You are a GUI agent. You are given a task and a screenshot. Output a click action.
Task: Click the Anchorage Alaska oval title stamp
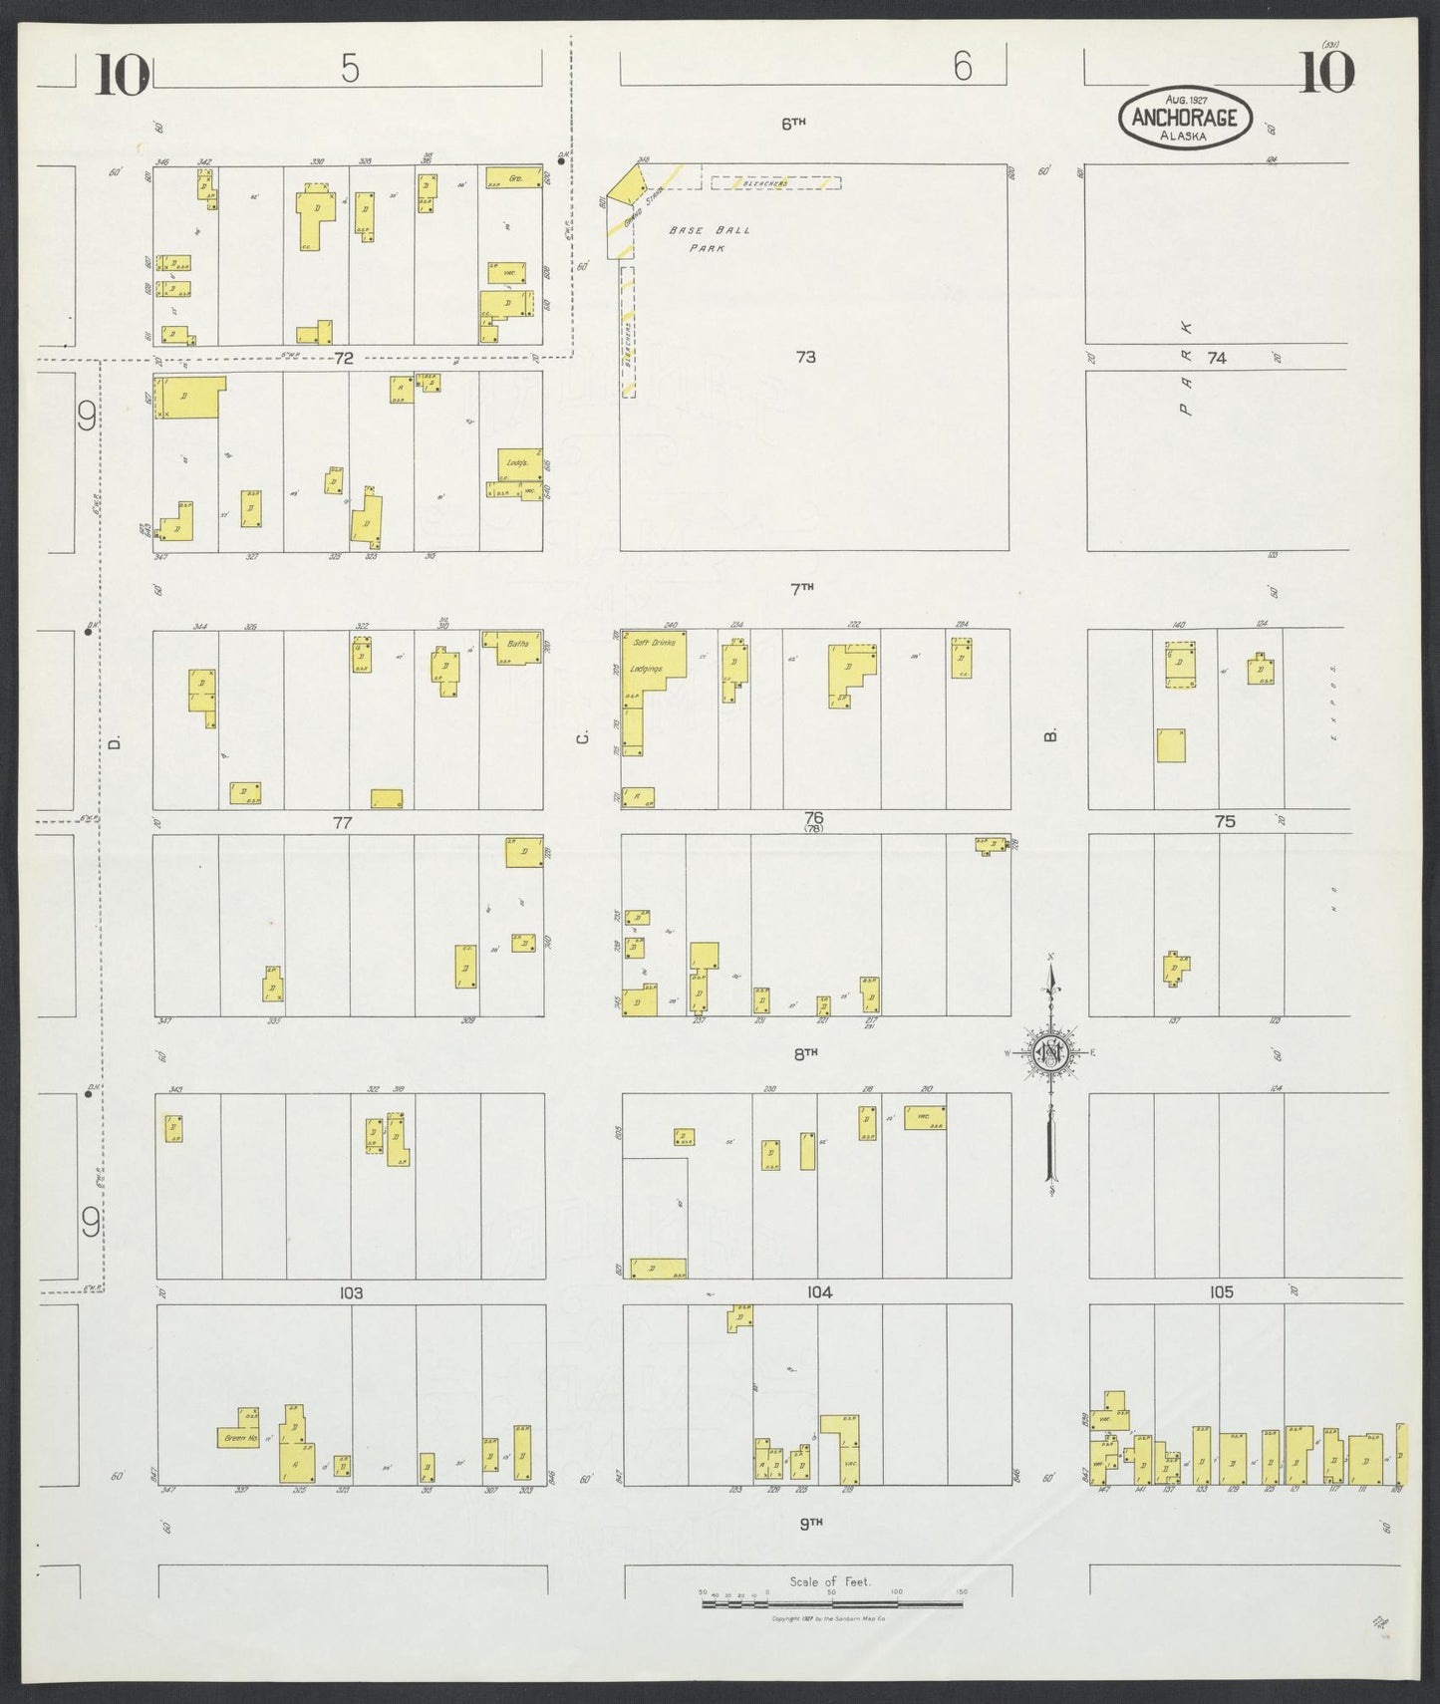[1183, 118]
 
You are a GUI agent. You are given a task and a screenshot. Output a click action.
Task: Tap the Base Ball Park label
[709, 238]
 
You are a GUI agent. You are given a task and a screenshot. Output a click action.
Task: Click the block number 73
[805, 356]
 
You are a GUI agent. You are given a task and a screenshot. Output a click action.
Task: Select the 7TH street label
[802, 588]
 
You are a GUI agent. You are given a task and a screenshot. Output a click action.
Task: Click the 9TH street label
[813, 1522]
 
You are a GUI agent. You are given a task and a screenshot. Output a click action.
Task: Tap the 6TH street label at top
[792, 124]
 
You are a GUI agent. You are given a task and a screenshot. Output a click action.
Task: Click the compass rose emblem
[1050, 1052]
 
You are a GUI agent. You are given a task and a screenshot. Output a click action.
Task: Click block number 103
[350, 1292]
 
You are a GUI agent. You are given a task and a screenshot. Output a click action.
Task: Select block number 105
[1221, 1292]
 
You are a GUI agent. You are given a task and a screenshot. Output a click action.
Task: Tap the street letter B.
[1048, 736]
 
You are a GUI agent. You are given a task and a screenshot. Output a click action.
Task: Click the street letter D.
[115, 742]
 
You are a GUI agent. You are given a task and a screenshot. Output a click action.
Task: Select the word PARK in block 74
[1185, 367]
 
